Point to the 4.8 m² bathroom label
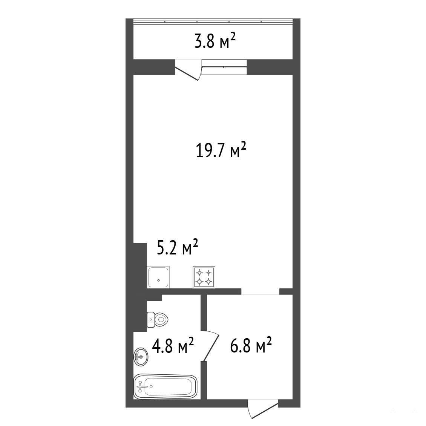click(173, 345)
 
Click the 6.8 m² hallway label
click(251, 345)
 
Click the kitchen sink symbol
click(158, 277)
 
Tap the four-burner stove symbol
click(204, 277)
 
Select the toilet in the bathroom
click(158, 320)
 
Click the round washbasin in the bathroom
click(141, 357)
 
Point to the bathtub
click(165, 387)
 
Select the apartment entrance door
click(264, 409)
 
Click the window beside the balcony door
click(224, 67)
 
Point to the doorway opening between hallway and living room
click(260, 291)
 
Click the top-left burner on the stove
click(200, 273)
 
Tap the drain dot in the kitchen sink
click(158, 280)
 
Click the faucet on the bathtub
click(141, 387)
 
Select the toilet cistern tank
click(151, 320)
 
